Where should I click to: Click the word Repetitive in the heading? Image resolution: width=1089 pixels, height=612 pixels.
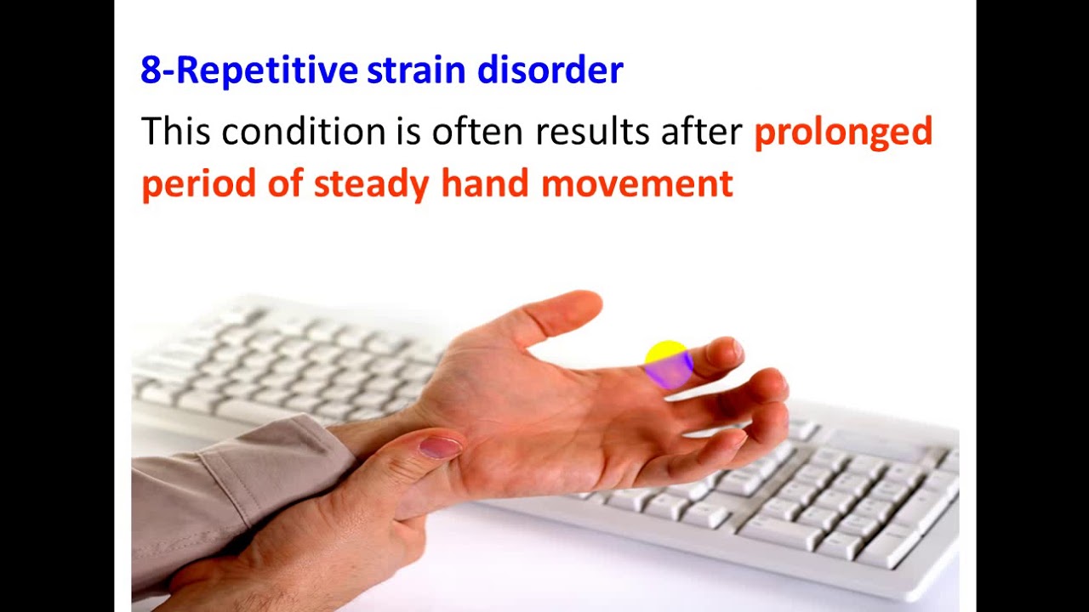(267, 71)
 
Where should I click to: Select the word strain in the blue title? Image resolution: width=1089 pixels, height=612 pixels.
(417, 71)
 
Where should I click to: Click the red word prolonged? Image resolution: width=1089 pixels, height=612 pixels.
(843, 133)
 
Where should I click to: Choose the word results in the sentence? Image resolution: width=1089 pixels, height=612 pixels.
(587, 133)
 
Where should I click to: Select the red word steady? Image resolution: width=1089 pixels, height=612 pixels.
(372, 184)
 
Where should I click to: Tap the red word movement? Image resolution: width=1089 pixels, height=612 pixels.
(636, 184)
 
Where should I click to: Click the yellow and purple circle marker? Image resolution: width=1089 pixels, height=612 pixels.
(668, 365)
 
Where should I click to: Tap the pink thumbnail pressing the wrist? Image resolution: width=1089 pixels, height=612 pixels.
(441, 447)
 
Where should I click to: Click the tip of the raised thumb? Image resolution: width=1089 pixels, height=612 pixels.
(585, 303)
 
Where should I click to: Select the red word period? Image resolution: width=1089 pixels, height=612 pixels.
(199, 184)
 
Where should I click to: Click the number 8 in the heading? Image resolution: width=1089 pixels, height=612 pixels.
(151, 71)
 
